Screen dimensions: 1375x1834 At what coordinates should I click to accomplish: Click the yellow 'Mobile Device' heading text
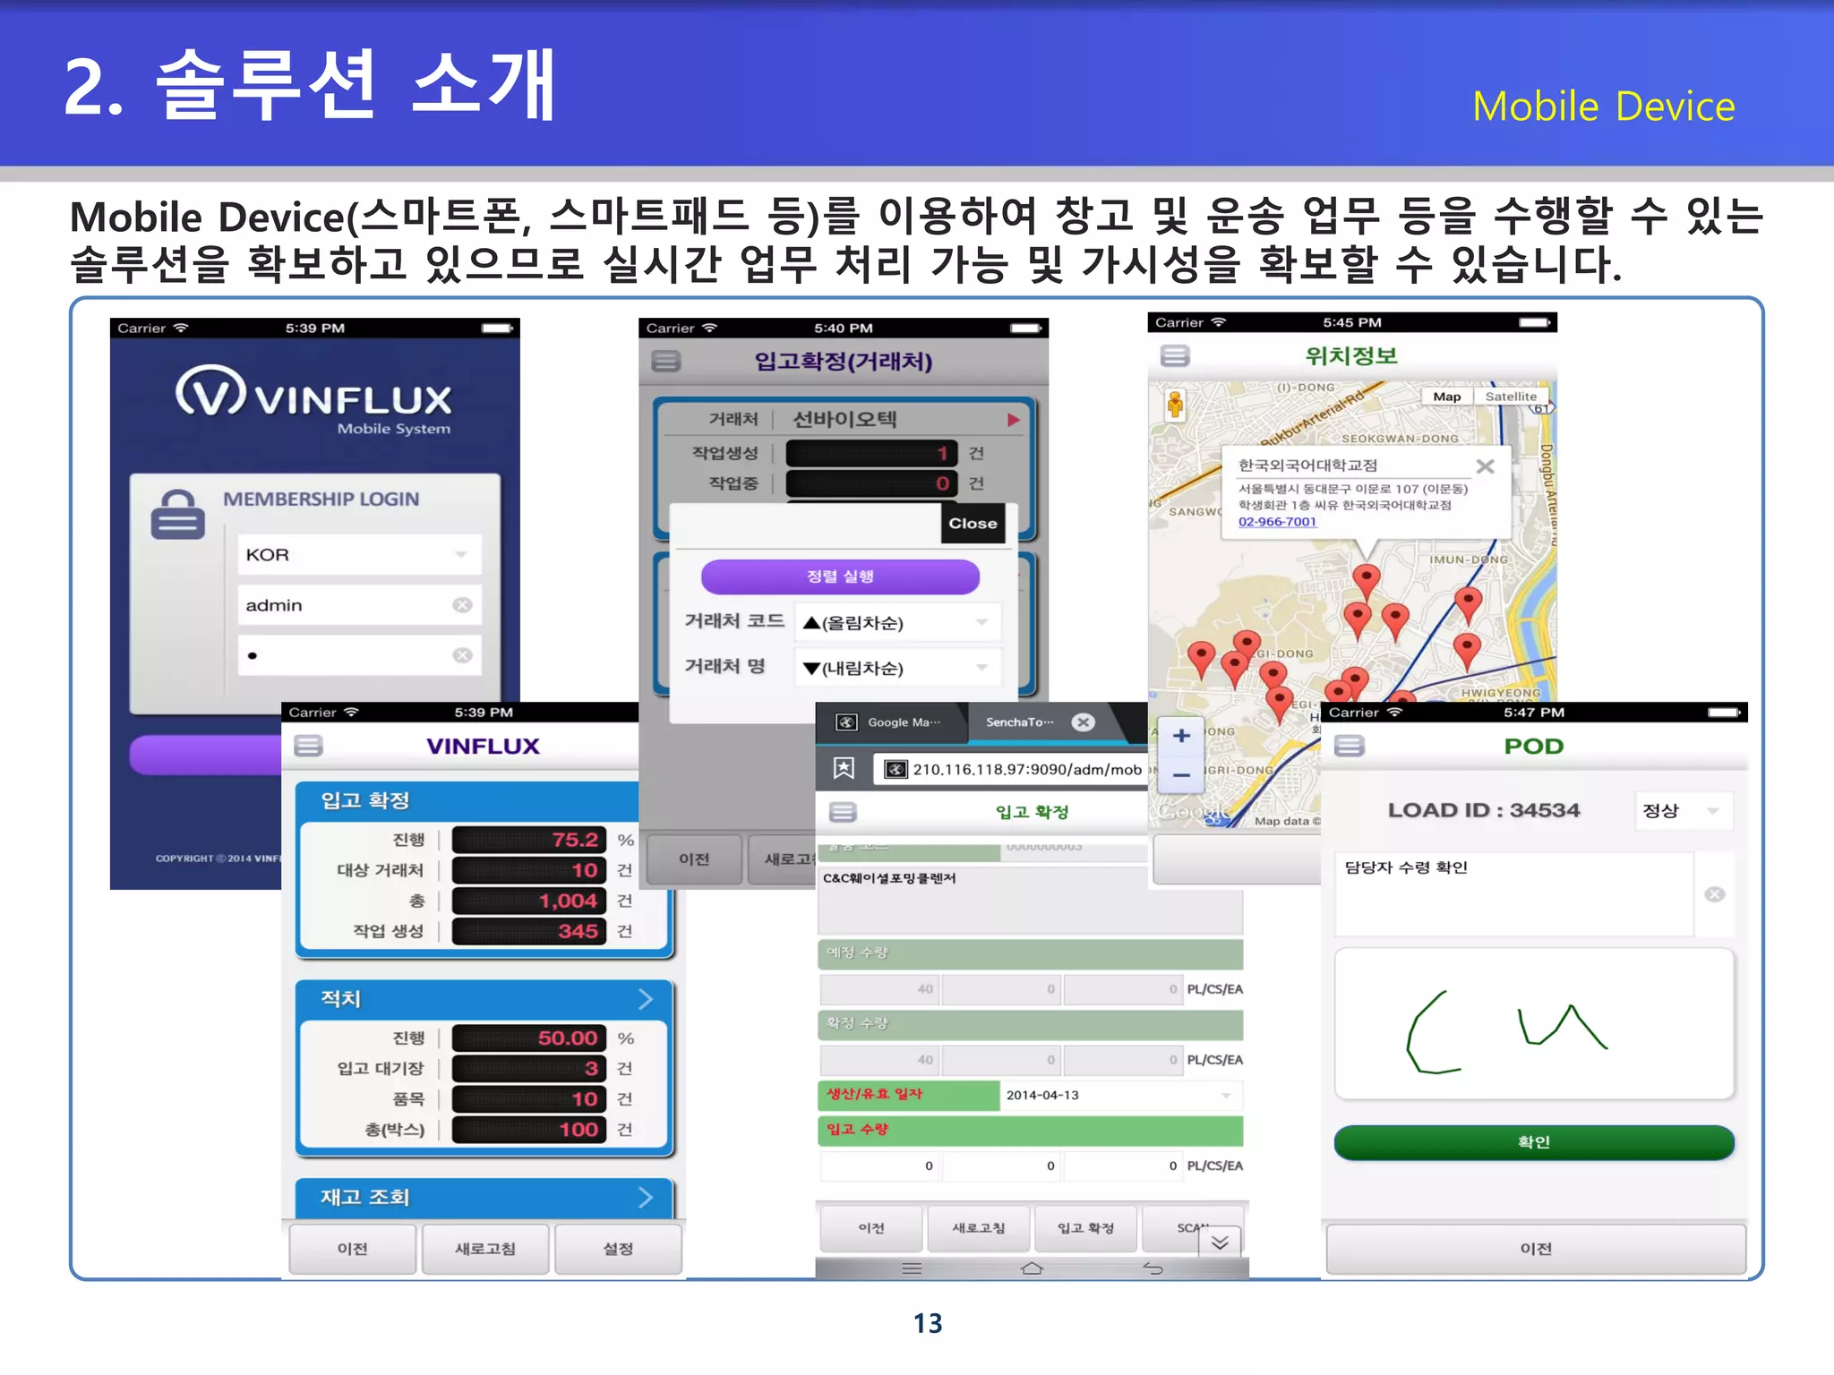pyautogui.click(x=1603, y=107)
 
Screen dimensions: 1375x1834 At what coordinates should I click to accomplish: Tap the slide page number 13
pyautogui.click(x=928, y=1323)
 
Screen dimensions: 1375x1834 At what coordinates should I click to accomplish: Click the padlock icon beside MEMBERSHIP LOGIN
pyautogui.click(x=177, y=515)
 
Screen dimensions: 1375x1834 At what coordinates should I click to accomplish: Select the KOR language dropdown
pyautogui.click(x=358, y=555)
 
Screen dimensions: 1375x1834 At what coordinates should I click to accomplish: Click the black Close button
pyautogui.click(x=973, y=524)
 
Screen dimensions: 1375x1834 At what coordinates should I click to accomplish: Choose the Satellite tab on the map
pyautogui.click(x=1511, y=397)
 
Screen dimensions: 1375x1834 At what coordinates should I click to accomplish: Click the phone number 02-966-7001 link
pyautogui.click(x=1277, y=522)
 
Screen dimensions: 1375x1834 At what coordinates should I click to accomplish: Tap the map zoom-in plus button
pyautogui.click(x=1181, y=736)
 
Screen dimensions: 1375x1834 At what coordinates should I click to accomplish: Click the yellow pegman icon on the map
pyautogui.click(x=1175, y=405)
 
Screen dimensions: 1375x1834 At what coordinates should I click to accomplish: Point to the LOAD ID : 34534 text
pyautogui.click(x=1483, y=810)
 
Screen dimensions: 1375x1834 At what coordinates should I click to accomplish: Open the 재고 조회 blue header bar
pyautogui.click(x=484, y=1198)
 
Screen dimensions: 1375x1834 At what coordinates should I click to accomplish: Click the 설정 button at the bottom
pyautogui.click(x=618, y=1249)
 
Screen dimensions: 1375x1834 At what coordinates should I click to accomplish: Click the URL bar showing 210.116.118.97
pyautogui.click(x=1012, y=770)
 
